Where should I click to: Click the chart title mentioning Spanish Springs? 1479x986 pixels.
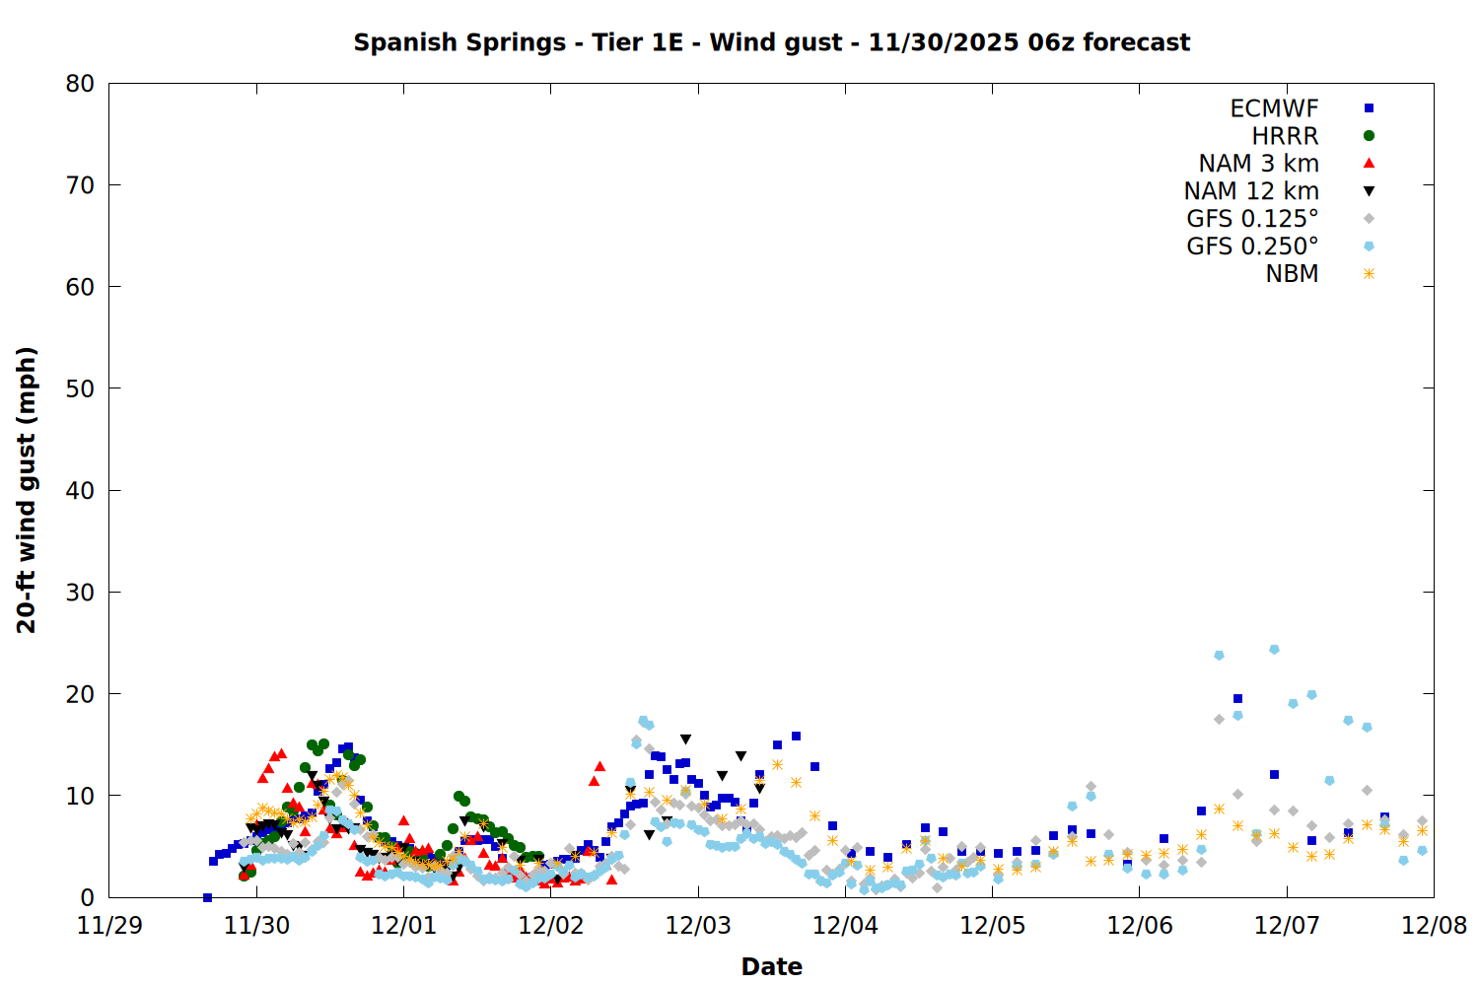771,42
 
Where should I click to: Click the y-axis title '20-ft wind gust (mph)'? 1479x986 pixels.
27,490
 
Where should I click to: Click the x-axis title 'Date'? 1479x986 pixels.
771,966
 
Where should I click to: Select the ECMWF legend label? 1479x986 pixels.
1274,108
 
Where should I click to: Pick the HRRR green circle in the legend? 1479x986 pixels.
1369,136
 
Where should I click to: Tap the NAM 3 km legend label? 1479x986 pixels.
1258,164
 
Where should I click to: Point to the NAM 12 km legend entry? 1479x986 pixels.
1251,191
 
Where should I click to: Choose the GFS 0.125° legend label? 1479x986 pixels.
1252,219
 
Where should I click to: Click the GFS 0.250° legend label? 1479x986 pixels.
1252,246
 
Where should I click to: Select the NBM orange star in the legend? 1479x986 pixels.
1369,274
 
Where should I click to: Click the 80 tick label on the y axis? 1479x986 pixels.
80,84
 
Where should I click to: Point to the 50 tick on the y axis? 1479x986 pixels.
80,388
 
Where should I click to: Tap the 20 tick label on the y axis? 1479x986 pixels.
80,693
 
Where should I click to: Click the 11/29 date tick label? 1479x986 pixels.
109,926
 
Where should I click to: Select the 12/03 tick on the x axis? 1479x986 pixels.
698,926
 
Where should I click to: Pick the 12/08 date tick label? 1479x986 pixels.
1434,926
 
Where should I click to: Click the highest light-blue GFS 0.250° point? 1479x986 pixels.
1274,649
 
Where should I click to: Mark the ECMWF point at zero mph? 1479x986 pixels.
207,897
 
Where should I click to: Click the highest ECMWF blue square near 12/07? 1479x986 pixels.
1237,698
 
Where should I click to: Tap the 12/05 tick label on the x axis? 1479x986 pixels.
993,926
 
